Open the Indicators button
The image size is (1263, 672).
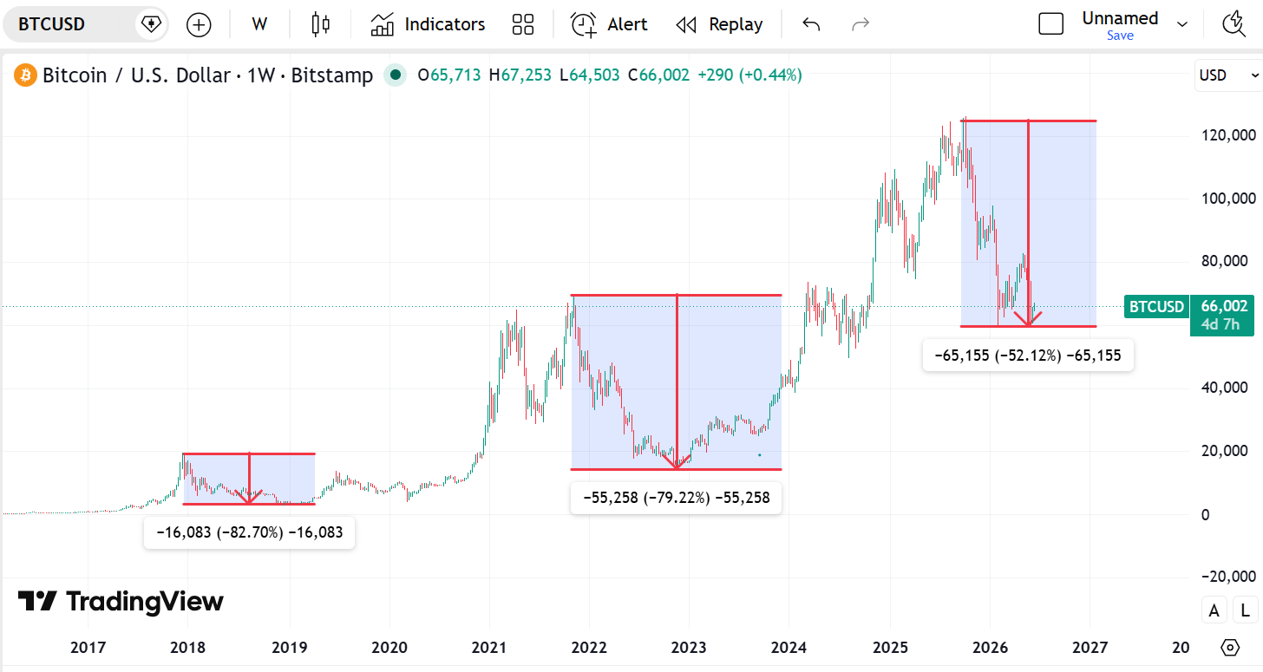coord(428,24)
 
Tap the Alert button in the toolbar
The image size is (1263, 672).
coord(609,24)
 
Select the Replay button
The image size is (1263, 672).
coord(719,24)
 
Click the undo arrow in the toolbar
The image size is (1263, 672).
coord(811,24)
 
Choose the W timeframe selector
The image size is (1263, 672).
coord(258,24)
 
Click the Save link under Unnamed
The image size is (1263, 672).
coord(1120,36)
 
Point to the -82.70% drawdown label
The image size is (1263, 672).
coord(249,532)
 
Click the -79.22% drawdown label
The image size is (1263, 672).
coord(676,498)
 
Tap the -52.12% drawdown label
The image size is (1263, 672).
coord(1028,356)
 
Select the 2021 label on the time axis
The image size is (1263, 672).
coord(489,647)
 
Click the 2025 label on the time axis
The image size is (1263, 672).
coord(890,647)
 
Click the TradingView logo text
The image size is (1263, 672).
coord(145,602)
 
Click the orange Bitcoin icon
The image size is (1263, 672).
coord(25,75)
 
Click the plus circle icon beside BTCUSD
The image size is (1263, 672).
coord(199,25)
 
